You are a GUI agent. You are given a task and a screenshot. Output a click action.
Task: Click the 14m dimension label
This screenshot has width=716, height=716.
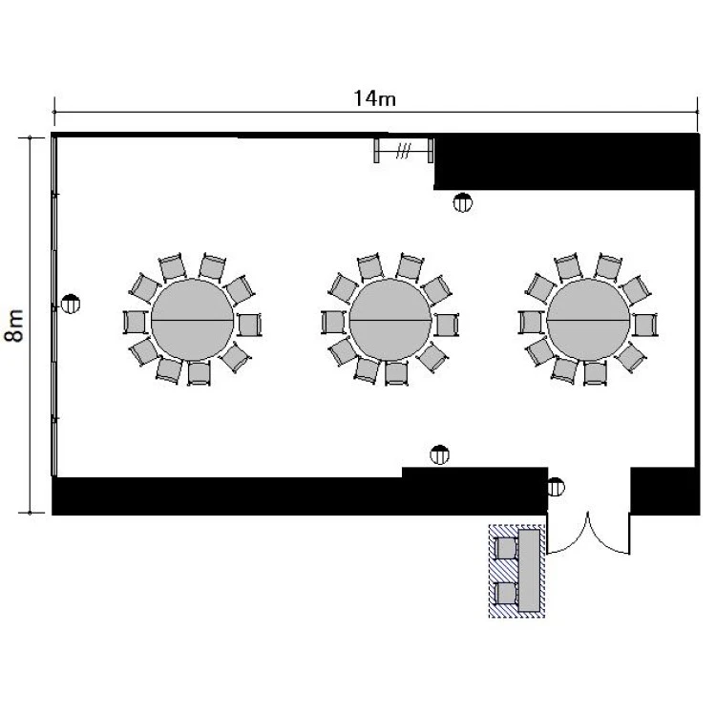[x=374, y=98]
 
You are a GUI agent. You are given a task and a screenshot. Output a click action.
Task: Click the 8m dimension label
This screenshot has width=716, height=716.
[x=13, y=326]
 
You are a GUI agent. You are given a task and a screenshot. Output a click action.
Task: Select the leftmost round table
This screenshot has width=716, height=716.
[x=192, y=320]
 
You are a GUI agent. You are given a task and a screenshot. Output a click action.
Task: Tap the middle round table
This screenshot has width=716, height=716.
[x=390, y=320]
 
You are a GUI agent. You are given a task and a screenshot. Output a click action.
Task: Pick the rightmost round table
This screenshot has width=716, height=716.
[x=588, y=320]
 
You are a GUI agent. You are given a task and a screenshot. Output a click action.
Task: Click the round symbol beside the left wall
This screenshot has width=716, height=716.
[x=71, y=304]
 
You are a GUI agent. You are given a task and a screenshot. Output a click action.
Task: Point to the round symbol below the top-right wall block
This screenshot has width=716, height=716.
[x=463, y=202]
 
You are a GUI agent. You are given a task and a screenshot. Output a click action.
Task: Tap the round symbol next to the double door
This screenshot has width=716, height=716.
[x=556, y=487]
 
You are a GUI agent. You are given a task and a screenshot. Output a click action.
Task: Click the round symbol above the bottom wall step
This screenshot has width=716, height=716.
[x=440, y=454]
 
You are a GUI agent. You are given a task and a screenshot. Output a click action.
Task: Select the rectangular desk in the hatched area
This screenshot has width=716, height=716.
[x=529, y=570]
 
